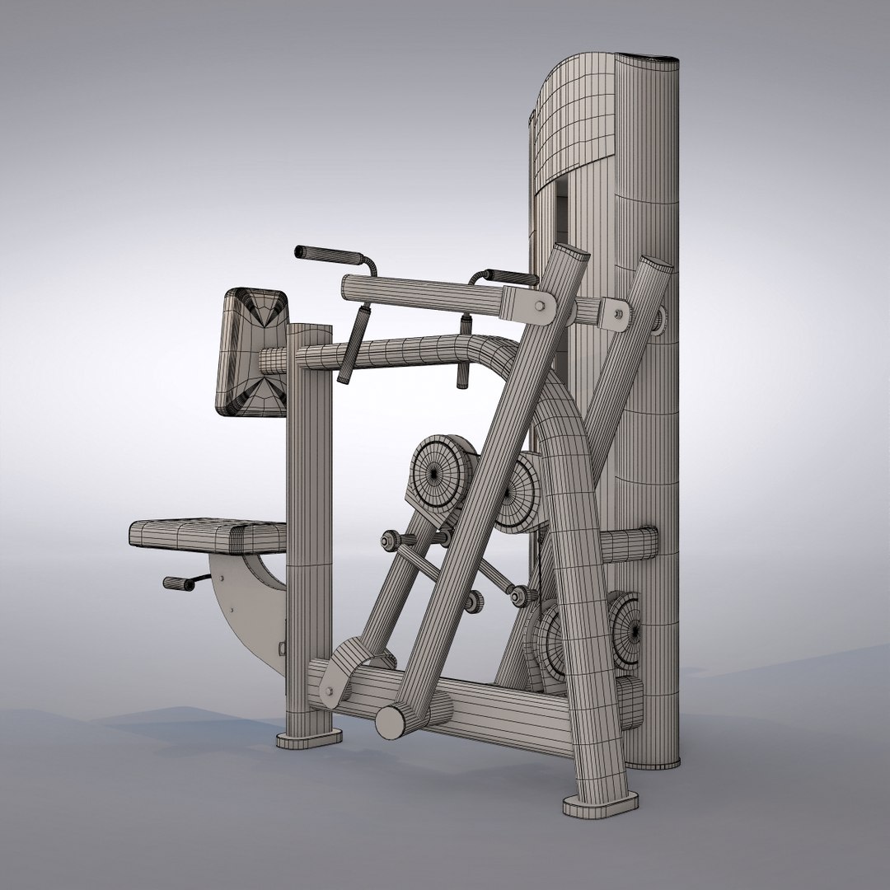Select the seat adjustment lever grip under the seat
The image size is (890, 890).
pyautogui.click(x=176, y=583)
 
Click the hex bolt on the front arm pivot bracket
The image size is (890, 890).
pyautogui.click(x=540, y=306)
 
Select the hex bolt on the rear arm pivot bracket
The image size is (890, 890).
pyautogui.click(x=616, y=313)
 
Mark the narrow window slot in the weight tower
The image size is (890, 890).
pyautogui.click(x=561, y=214)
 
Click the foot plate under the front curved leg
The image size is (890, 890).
pyautogui.click(x=601, y=802)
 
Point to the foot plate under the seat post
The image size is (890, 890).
pyautogui.click(x=308, y=737)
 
